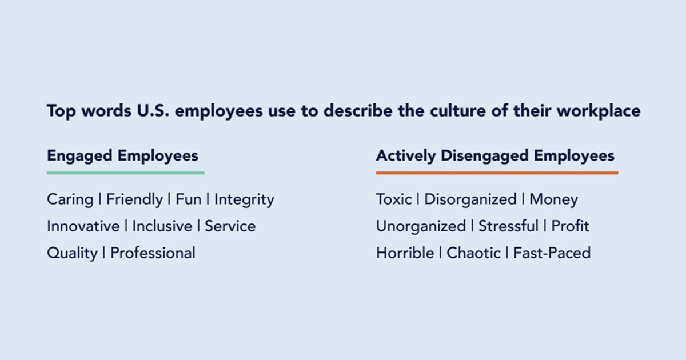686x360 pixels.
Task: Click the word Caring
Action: coord(70,199)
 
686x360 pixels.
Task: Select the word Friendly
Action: coord(134,199)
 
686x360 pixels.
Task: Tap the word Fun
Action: coord(188,199)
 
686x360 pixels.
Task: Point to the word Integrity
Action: coord(244,200)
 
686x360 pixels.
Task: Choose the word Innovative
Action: coord(83,226)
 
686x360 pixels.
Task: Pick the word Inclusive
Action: coord(162,226)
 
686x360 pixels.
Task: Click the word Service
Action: coord(230,226)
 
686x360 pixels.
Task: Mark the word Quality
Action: coord(72,253)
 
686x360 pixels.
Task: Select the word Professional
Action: coord(153,253)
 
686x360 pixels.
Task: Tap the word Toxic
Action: coord(394,199)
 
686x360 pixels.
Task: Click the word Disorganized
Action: coord(470,200)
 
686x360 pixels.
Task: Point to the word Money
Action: coord(553,200)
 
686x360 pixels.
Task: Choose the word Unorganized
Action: coord(421,227)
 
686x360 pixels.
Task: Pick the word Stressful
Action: coord(508,226)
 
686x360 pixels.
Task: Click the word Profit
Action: coord(570,226)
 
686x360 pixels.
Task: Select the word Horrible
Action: coord(405,253)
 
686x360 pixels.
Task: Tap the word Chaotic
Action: coord(473,253)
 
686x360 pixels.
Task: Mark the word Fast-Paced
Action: coord(552,253)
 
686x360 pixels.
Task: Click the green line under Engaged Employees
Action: coord(125,173)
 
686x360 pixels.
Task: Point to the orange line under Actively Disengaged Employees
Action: coord(497,173)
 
